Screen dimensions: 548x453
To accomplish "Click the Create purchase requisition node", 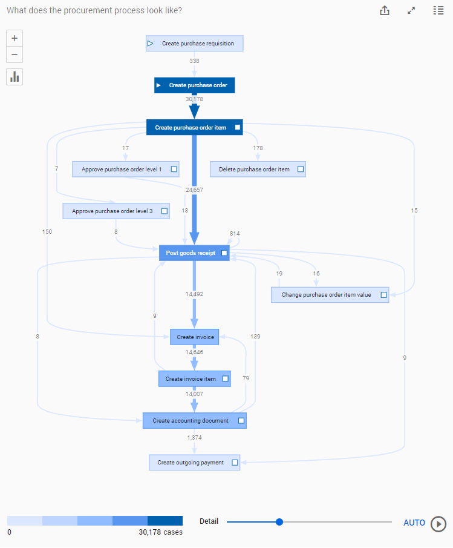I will (x=194, y=44).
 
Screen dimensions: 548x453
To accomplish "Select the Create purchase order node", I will (x=194, y=85).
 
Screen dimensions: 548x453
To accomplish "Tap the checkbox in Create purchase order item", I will (x=238, y=128).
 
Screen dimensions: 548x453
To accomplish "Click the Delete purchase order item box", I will (x=258, y=170).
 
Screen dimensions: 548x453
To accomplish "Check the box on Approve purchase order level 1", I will (x=174, y=170).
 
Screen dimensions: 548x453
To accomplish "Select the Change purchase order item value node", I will (x=330, y=295).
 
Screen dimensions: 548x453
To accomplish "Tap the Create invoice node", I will (x=194, y=337).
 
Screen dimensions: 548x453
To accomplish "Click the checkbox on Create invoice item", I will (x=226, y=379).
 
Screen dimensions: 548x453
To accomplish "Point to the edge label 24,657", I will (x=194, y=190).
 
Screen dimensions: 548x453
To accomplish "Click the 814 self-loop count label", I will (x=235, y=234).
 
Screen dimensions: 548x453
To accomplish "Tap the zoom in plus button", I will (x=15, y=38).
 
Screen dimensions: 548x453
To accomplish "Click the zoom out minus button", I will (x=15, y=54).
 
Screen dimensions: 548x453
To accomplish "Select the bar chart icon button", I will (x=15, y=77).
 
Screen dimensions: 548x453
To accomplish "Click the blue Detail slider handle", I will (x=279, y=522).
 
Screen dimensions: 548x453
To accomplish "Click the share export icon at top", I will (x=385, y=11).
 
